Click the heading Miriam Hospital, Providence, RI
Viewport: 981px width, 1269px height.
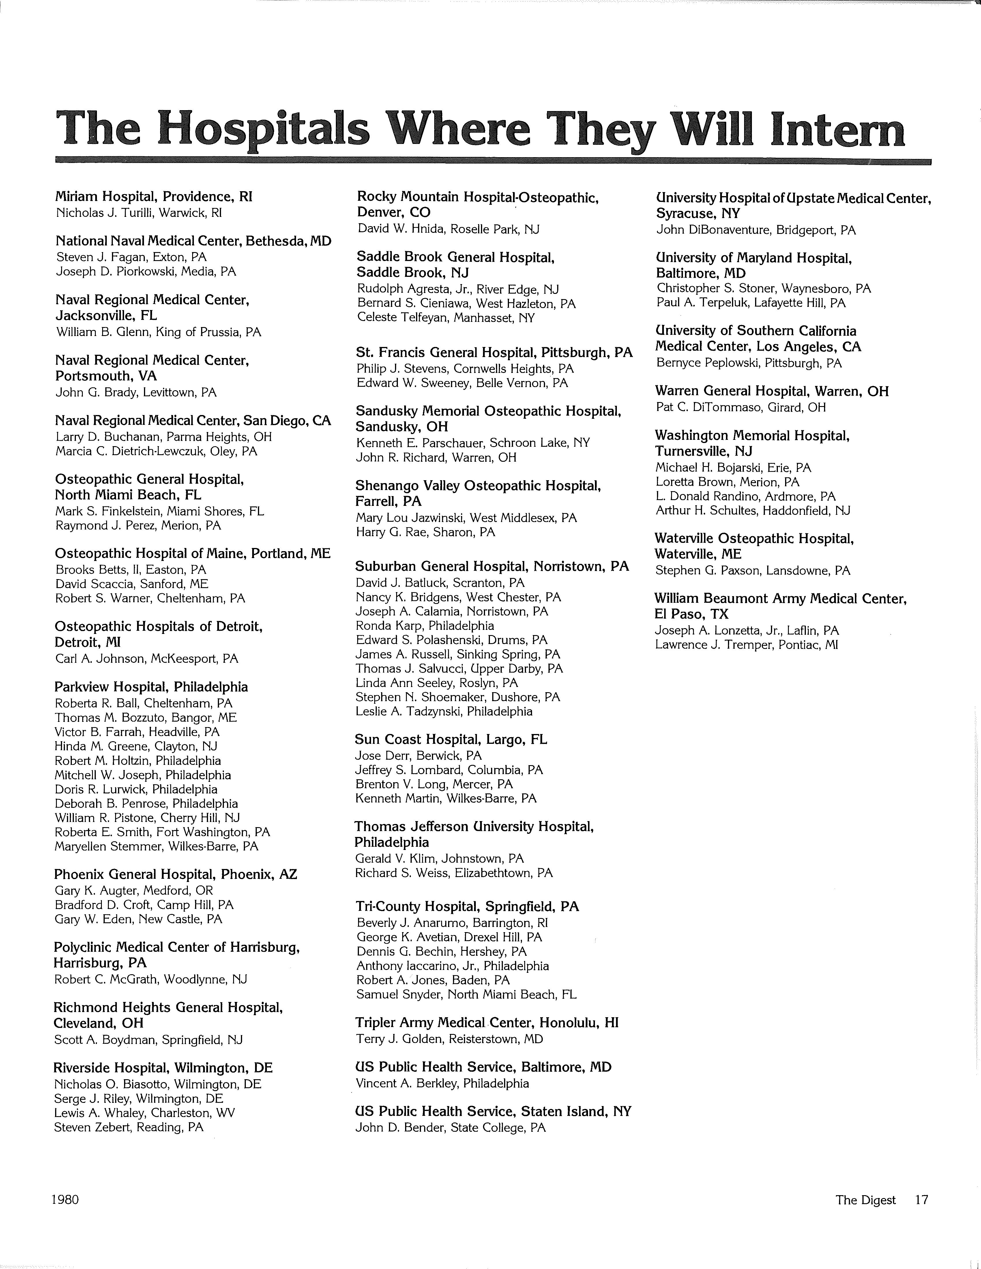tap(154, 196)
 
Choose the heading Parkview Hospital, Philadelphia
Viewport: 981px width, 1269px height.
tap(151, 687)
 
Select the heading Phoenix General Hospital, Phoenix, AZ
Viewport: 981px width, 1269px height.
tap(175, 874)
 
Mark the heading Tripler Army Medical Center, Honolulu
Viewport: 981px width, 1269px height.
tap(487, 1023)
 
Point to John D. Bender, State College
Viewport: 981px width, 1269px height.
tap(450, 1128)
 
